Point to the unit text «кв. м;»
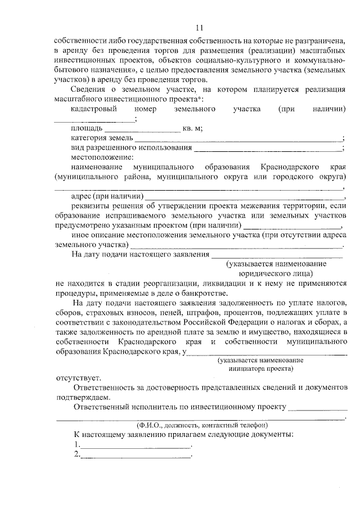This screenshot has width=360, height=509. coord(192,128)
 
